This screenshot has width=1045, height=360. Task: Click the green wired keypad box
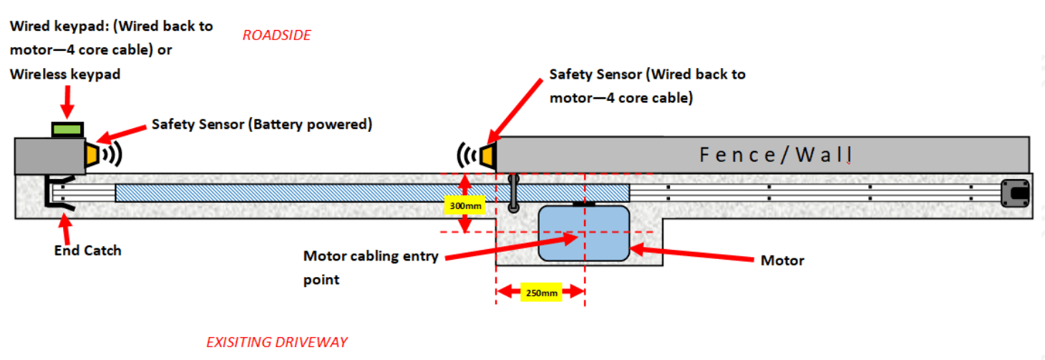[68, 129]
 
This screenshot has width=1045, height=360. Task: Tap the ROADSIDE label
[276, 35]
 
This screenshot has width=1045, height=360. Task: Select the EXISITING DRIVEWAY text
[276, 342]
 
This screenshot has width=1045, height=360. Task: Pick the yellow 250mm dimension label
[541, 292]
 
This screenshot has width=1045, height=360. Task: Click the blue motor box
[583, 233]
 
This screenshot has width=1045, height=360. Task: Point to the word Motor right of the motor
[782, 261]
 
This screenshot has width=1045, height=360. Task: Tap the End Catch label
[87, 250]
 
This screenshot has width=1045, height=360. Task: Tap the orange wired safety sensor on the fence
[488, 155]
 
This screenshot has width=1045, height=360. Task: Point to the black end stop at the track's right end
[1016, 193]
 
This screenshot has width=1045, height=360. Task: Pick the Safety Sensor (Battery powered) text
[262, 125]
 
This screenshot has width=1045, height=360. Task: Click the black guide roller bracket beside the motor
[513, 193]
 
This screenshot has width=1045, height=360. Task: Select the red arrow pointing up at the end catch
[67, 229]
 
